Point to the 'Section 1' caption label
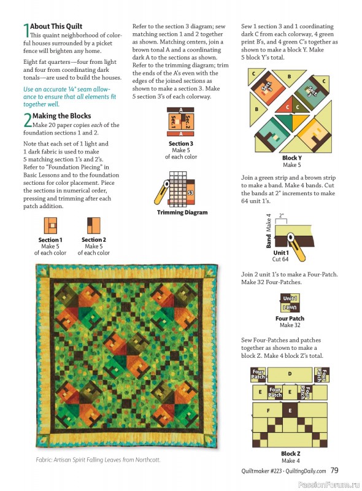point(50,240)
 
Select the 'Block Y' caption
point(291,158)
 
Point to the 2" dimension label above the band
point(282,215)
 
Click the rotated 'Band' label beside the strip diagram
point(252,242)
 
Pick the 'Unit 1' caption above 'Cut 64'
point(280,252)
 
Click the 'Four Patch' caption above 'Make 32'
point(290,319)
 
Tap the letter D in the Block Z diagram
point(290,373)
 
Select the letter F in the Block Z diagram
point(268,410)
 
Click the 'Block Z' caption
point(290,454)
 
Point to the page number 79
point(335,470)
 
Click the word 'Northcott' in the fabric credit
point(147,460)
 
